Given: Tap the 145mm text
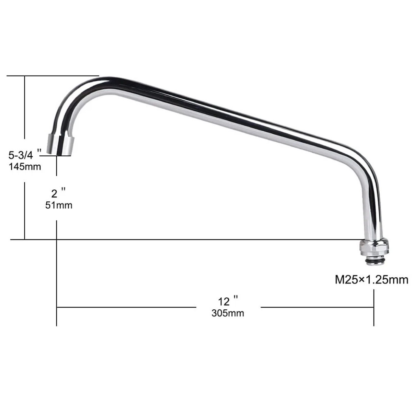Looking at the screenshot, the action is (x=25, y=167).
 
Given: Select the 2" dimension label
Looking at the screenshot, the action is (x=58, y=193).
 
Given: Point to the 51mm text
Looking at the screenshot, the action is (x=59, y=205).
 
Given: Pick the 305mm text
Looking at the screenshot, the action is (x=228, y=313).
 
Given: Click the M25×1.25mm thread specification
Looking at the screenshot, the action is (x=371, y=280).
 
